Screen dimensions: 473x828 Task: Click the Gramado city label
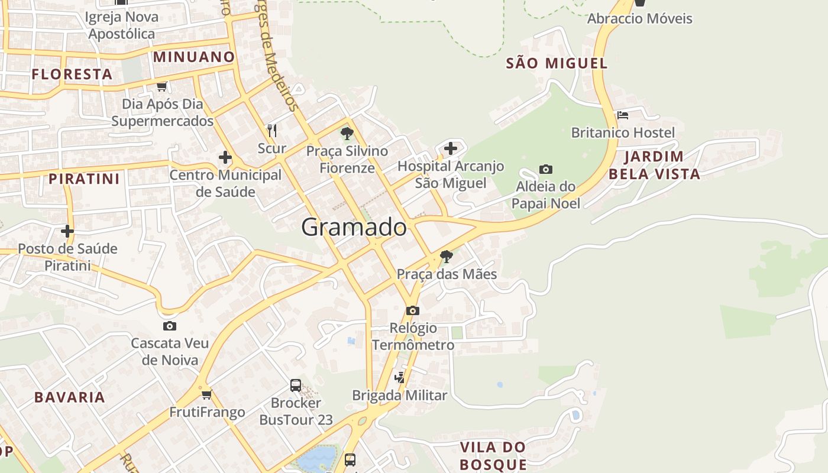(x=354, y=227)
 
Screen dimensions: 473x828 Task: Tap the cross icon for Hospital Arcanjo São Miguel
(x=451, y=148)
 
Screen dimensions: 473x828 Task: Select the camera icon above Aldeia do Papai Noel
(x=545, y=170)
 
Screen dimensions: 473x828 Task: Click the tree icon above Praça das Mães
(x=447, y=257)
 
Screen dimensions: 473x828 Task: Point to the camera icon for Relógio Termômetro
(x=413, y=310)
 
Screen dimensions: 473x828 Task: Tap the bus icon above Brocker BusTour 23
(x=296, y=385)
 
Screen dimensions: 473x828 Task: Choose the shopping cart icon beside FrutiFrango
(x=206, y=394)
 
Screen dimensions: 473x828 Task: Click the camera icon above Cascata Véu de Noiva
(x=170, y=326)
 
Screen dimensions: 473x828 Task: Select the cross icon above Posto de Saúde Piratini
(x=67, y=231)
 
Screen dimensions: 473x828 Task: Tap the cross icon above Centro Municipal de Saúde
(x=225, y=157)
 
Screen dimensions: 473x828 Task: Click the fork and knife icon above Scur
(x=272, y=130)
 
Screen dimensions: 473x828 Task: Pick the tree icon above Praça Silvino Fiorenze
(x=347, y=134)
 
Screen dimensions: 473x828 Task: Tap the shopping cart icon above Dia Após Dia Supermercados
(x=161, y=87)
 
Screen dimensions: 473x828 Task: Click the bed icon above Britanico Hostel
(x=622, y=115)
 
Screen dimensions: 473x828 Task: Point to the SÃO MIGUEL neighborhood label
(x=557, y=63)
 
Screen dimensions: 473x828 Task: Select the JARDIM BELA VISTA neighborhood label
(x=654, y=165)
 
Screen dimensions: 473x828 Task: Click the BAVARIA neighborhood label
(x=70, y=397)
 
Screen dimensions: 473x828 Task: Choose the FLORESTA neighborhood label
(x=72, y=74)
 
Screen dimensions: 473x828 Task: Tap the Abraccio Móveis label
(x=639, y=18)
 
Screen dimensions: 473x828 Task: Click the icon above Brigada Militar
(x=400, y=377)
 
